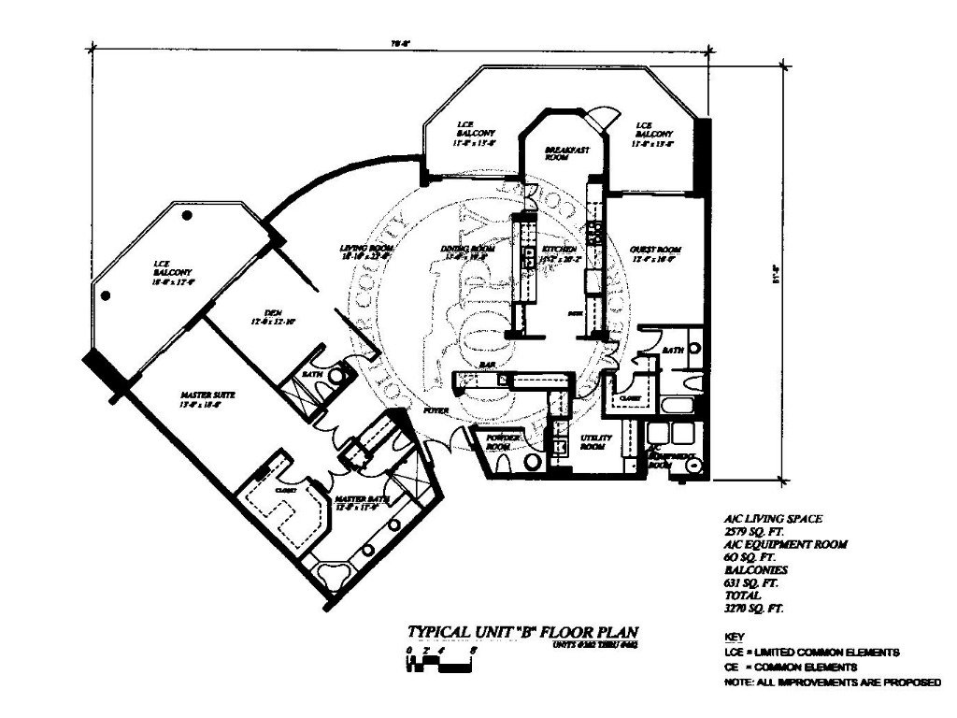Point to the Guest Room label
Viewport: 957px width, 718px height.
(655, 250)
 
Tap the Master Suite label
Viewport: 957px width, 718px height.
(201, 395)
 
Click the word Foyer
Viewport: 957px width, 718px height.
(435, 410)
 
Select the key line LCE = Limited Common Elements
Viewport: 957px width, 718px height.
(811, 651)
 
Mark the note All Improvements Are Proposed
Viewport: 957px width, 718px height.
(832, 684)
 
